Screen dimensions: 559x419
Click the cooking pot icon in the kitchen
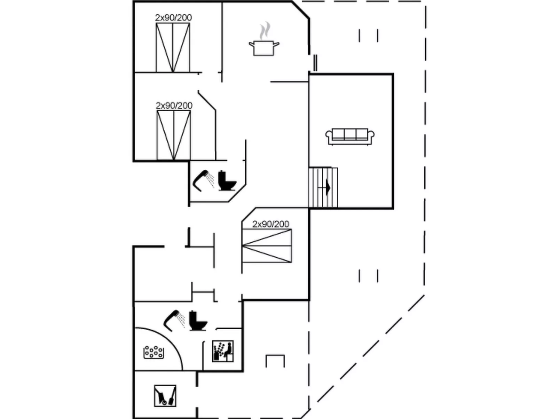(264, 48)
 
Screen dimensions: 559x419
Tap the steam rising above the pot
(265, 30)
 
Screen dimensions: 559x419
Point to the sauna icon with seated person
(223, 351)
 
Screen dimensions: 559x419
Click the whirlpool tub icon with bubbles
(153, 352)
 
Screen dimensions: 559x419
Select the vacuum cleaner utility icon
(165, 396)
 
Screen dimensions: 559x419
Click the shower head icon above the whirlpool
(174, 321)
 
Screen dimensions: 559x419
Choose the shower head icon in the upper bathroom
(204, 180)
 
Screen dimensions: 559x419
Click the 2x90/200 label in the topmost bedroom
(173, 17)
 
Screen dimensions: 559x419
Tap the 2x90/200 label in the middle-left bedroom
(174, 105)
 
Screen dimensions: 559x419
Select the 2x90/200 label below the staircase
(271, 224)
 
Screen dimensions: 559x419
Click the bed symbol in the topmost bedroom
(173, 48)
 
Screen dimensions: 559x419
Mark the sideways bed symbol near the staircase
(267, 246)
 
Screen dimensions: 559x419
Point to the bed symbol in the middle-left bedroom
(174, 135)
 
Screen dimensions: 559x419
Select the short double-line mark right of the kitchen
(315, 63)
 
